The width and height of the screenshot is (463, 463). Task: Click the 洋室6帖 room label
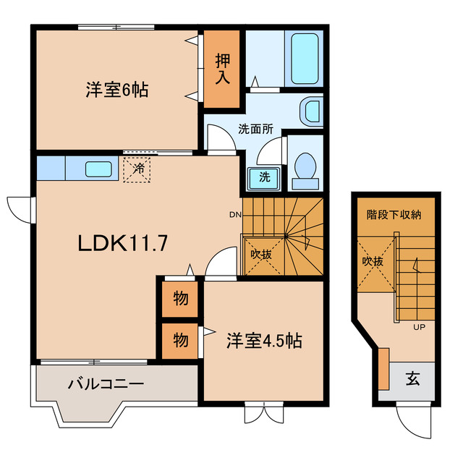pos(116,90)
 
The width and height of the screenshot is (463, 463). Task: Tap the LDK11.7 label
pos(123,243)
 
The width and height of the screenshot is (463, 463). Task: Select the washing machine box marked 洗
pos(265,177)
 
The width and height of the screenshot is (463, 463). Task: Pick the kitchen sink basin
pos(98,169)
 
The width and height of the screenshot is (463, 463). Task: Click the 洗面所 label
pos(255,130)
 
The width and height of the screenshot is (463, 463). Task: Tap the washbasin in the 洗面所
pos(311,111)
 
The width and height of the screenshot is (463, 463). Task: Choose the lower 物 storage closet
pos(181,339)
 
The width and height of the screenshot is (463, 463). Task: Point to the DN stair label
pos(235,215)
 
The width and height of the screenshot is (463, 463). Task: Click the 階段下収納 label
pos(394,214)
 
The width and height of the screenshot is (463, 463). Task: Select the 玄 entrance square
pos(412,378)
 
